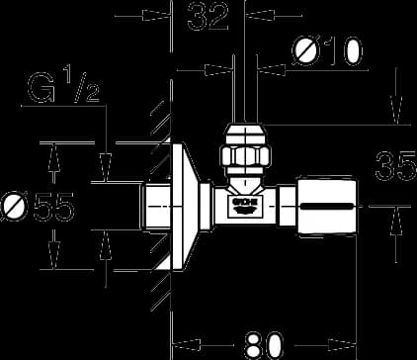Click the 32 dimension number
click(x=208, y=16)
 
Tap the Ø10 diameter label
click(x=327, y=51)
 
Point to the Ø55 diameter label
click(x=37, y=207)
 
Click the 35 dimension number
click(x=396, y=166)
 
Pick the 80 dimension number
click(x=264, y=345)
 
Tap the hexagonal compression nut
click(x=245, y=156)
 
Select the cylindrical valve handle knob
click(x=326, y=206)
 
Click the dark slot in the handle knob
click(x=326, y=207)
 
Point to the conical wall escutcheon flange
click(x=186, y=207)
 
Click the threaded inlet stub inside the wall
click(x=157, y=206)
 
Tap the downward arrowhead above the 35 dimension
click(x=397, y=110)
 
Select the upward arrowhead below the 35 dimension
click(x=396, y=222)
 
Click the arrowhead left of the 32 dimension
click(x=157, y=15)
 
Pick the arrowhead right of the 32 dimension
click(x=260, y=15)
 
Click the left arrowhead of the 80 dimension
click(x=187, y=345)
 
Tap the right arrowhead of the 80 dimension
click(x=342, y=345)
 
